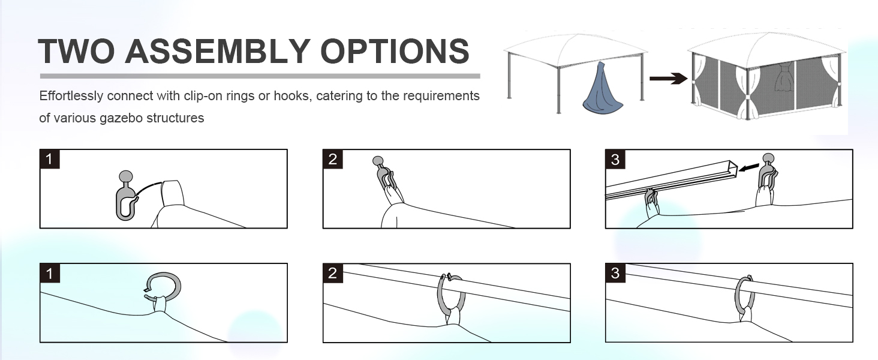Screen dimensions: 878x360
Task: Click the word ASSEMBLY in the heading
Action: pos(218,51)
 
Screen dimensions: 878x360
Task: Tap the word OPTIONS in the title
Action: pos(395,51)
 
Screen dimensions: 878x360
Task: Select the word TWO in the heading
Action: pos(76,51)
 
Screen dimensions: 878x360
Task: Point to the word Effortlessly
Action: pos(71,96)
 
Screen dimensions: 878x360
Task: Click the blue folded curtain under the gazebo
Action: pos(603,88)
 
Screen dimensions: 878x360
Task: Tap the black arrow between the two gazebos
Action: pos(668,79)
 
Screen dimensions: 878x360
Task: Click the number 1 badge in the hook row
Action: pos(49,159)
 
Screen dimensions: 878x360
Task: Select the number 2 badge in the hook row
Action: pos(332,159)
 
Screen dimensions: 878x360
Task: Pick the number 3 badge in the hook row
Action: pos(615,159)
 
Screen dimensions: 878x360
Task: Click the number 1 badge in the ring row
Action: pos(49,273)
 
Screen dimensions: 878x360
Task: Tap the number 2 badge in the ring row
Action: pos(332,273)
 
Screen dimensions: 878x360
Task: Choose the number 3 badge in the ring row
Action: pos(615,273)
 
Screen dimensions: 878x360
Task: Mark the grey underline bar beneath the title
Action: pos(260,76)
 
